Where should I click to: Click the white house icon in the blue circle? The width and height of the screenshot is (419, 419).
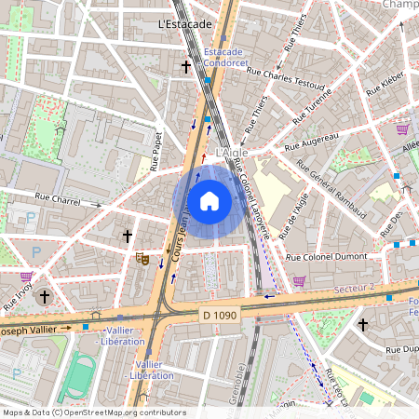point(209,200)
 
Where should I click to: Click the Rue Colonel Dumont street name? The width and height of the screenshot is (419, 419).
point(328,257)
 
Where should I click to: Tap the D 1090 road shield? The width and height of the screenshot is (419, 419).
point(220,316)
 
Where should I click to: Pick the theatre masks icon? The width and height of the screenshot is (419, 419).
point(142,258)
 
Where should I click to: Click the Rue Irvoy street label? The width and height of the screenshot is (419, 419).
point(18,295)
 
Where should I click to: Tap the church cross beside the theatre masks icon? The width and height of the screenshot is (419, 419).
point(128,237)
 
